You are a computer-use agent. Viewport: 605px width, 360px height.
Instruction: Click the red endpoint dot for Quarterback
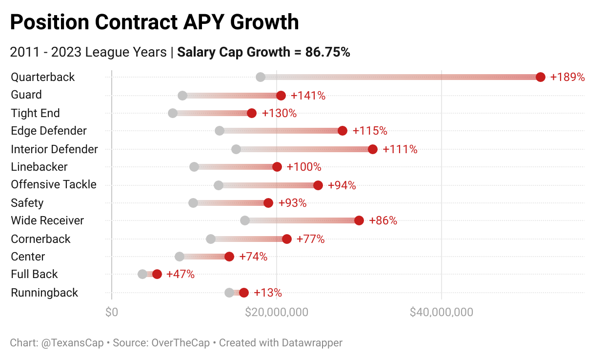point(540,77)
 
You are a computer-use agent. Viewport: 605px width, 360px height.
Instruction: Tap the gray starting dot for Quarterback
point(261,77)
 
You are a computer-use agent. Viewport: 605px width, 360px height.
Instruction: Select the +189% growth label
point(567,77)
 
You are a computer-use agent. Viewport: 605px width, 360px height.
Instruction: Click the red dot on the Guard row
point(281,95)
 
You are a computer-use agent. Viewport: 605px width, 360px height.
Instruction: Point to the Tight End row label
point(36,113)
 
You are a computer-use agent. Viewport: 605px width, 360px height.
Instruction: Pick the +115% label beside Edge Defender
point(369,131)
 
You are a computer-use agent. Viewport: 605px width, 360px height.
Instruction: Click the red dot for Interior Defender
point(373,149)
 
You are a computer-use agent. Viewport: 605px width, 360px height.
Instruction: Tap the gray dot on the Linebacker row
point(194,167)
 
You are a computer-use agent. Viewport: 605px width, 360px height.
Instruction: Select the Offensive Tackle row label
point(54,185)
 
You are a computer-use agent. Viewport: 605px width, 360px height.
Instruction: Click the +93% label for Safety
point(292,203)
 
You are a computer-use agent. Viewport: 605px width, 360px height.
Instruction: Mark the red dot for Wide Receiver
point(359,220)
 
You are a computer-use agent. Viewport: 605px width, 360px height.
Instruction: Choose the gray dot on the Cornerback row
point(211,239)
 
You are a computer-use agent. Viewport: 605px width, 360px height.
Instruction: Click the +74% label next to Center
point(253,257)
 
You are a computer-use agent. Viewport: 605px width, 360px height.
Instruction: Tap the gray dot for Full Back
point(142,274)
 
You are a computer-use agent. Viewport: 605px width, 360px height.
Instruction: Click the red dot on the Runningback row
point(244,293)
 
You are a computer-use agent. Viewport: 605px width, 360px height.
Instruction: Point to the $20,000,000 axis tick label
point(276,312)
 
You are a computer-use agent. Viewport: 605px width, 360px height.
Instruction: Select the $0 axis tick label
point(111,312)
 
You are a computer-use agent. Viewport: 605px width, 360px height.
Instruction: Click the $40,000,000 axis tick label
point(441,312)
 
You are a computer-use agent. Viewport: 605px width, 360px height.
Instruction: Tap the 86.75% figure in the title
point(327,52)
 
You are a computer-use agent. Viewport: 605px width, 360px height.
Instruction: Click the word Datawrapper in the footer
point(312,343)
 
